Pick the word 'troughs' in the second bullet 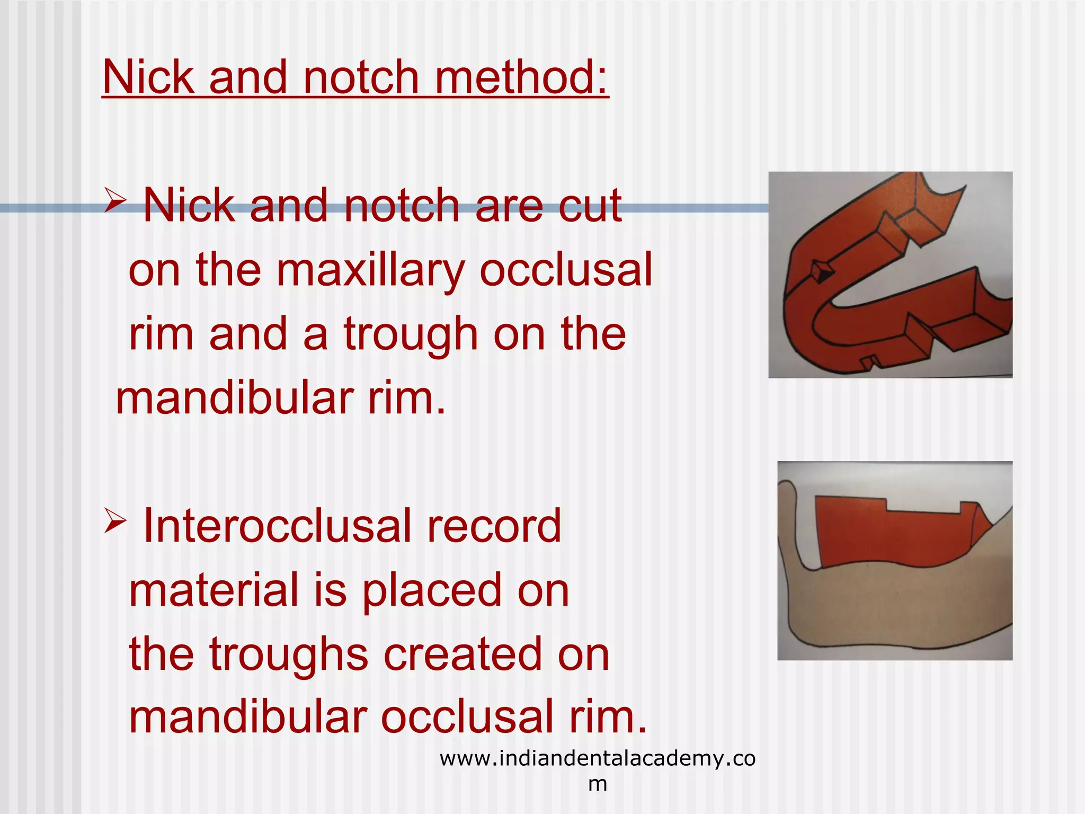pos(289,656)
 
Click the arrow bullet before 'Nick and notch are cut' pos(115,200)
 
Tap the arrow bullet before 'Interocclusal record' pos(115,520)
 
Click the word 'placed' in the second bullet pos(431,591)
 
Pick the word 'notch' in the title pos(361,78)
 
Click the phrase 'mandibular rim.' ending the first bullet pos(281,399)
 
